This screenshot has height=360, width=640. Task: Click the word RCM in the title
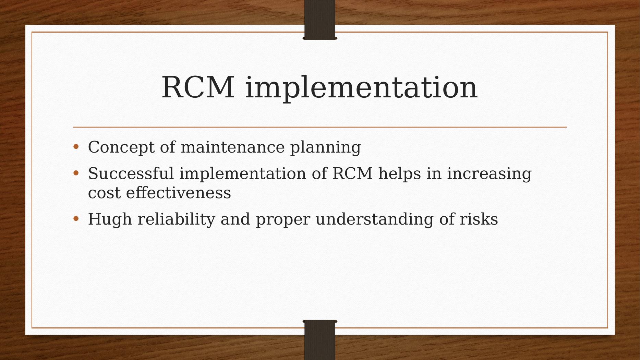[198, 87]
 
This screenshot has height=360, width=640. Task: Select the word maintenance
[233, 147]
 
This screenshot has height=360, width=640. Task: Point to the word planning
[326, 148]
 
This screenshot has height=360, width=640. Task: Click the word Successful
[131, 173]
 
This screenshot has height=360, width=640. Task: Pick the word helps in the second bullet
[399, 173]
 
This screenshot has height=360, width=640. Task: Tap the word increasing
[490, 174]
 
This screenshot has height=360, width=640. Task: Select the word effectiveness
[179, 193]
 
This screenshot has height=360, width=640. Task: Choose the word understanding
[375, 219]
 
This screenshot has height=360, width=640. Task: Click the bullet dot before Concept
[76, 147]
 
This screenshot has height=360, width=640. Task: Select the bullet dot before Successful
[76, 173]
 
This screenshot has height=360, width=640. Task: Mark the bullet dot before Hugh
[76, 219]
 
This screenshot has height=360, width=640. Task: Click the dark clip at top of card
[320, 20]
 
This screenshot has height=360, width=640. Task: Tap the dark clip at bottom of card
[320, 340]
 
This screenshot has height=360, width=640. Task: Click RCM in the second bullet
[352, 173]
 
